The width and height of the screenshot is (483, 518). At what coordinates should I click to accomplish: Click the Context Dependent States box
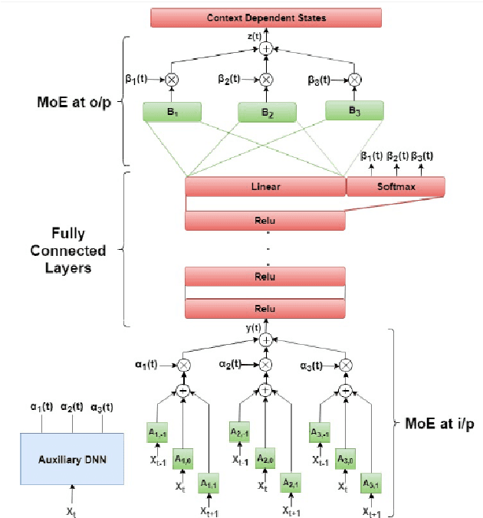[265, 18]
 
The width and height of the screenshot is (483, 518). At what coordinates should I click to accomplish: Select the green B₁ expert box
[171, 112]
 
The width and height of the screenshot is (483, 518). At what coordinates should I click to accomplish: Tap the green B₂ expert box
[266, 113]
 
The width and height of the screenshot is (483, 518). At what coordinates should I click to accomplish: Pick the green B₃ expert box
[354, 110]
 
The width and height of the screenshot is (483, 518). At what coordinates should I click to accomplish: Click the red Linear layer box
[265, 187]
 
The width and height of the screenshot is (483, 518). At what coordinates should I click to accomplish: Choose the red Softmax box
[396, 187]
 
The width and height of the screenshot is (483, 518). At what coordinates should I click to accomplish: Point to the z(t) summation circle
[265, 48]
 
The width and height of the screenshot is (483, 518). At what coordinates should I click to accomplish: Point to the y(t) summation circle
[265, 339]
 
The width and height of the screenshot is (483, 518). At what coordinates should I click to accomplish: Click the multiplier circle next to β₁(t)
[171, 79]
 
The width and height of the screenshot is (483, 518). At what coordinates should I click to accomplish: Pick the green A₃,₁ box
[371, 485]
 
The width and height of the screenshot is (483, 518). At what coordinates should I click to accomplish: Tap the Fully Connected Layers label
[75, 250]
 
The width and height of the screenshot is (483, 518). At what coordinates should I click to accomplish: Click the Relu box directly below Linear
[265, 221]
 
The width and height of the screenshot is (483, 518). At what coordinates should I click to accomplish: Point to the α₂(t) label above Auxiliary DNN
[72, 407]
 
